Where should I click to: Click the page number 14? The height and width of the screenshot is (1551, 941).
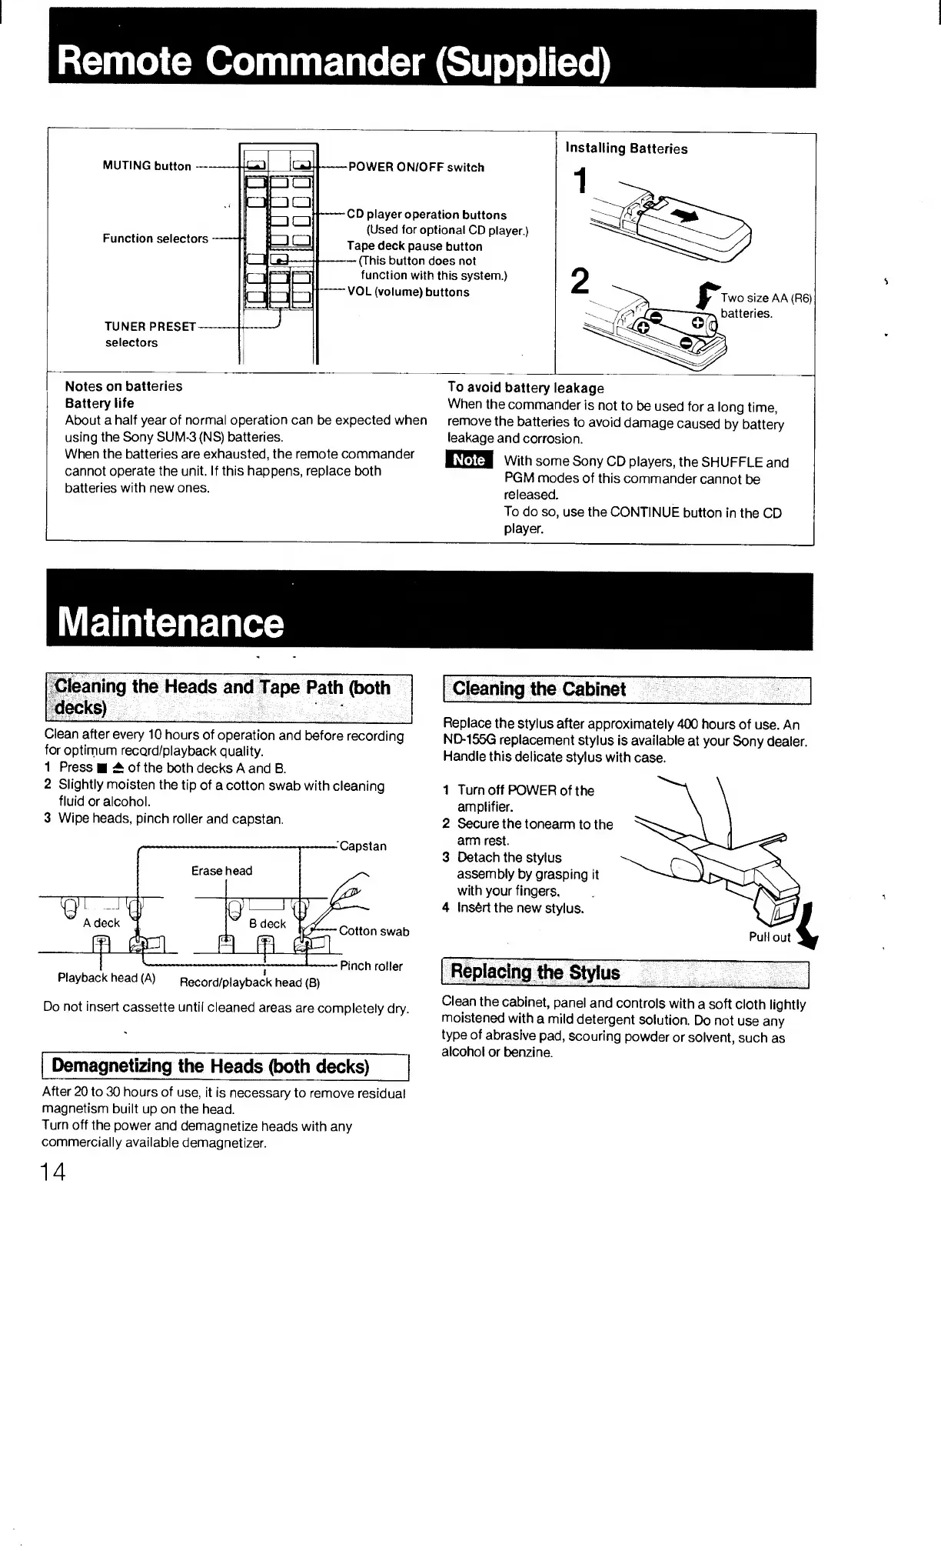pyautogui.click(x=54, y=1172)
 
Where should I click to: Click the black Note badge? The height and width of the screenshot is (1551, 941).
pyautogui.click(x=468, y=460)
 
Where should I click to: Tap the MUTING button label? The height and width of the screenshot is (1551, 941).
pyautogui.click(x=147, y=166)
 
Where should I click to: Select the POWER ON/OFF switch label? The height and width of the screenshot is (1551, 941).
pyautogui.click(x=416, y=168)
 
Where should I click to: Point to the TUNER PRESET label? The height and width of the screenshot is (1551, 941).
pyautogui.click(x=150, y=326)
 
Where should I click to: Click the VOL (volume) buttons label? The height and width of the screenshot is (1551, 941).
pyautogui.click(x=408, y=292)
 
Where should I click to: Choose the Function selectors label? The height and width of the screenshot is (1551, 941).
pyautogui.click(x=155, y=238)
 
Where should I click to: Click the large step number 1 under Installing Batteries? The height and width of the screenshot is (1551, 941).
pyautogui.click(x=582, y=182)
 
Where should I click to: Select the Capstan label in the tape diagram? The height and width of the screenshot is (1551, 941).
pyautogui.click(x=363, y=846)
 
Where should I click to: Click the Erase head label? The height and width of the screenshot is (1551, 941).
pyautogui.click(x=221, y=871)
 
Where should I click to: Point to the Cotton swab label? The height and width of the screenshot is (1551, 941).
pyautogui.click(x=374, y=932)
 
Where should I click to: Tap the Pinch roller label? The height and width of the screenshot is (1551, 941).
pyautogui.click(x=371, y=966)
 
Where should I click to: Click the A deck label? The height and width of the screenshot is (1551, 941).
pyautogui.click(x=101, y=923)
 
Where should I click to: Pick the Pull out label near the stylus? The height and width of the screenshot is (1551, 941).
pyautogui.click(x=770, y=937)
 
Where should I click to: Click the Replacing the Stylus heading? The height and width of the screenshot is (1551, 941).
pyautogui.click(x=535, y=972)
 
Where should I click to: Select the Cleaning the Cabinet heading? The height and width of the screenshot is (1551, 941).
pyautogui.click(x=540, y=689)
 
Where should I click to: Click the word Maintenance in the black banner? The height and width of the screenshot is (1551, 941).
pyautogui.click(x=171, y=622)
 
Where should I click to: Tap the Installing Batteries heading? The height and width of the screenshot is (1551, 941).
pyautogui.click(x=627, y=149)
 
